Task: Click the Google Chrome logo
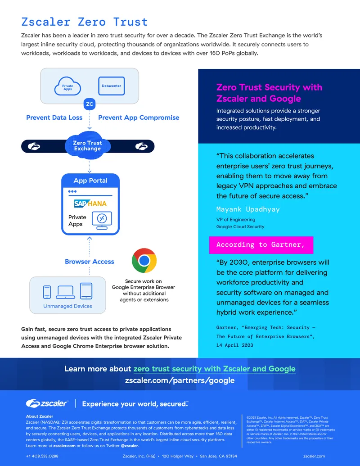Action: (x=144, y=261)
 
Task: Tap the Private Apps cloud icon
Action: (x=67, y=86)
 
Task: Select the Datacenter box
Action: (x=112, y=86)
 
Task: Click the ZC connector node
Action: (x=90, y=104)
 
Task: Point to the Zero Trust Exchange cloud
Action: (x=88, y=145)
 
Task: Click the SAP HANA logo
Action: (x=90, y=204)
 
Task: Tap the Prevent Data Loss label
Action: (x=54, y=118)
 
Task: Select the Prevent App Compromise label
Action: (x=139, y=118)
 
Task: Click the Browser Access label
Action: (x=90, y=262)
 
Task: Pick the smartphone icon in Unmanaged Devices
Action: (x=47, y=292)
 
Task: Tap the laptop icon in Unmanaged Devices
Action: (x=65, y=292)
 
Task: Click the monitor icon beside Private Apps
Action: (x=102, y=220)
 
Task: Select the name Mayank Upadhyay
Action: (x=248, y=209)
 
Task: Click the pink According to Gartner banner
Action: (x=261, y=245)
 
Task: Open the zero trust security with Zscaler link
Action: (x=215, y=369)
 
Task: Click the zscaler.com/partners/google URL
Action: (x=180, y=380)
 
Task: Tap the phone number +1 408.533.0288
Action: (x=42, y=456)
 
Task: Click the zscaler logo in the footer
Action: (x=47, y=403)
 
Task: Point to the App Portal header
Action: (x=90, y=181)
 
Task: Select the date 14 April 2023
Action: (x=234, y=345)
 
